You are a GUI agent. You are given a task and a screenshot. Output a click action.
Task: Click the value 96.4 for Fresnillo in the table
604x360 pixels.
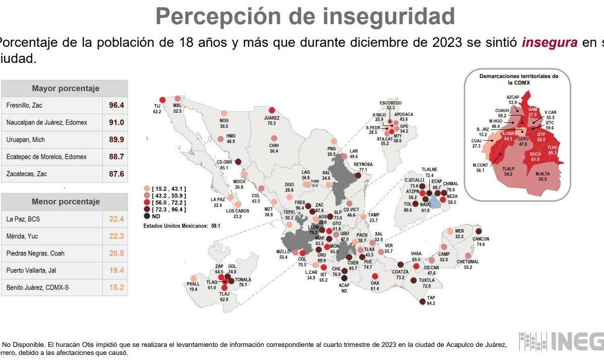click(116, 105)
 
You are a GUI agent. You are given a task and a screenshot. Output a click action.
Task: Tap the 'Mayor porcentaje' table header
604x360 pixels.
click(65, 88)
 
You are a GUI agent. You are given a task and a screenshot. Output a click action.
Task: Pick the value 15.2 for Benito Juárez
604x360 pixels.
click(116, 287)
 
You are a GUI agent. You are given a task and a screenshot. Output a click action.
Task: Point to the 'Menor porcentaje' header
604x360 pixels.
click(65, 201)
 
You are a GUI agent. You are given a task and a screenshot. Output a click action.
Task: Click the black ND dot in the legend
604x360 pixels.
click(147, 215)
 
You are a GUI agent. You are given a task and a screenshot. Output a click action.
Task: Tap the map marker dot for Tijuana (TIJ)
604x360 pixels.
click(162, 100)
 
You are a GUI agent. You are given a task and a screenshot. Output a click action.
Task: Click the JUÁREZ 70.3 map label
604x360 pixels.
click(272, 120)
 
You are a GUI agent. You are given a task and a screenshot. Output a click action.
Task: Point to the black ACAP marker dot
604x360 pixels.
click(344, 277)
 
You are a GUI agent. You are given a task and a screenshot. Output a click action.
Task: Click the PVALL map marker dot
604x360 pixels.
click(193, 278)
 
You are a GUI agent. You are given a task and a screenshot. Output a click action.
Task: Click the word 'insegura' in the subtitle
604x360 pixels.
click(549, 42)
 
